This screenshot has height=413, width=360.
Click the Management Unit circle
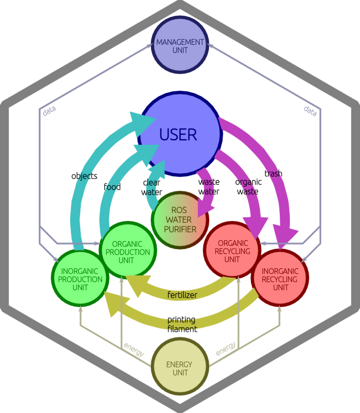click(x=180, y=46)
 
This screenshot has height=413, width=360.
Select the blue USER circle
click(x=180, y=134)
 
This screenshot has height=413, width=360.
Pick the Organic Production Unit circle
click(x=128, y=251)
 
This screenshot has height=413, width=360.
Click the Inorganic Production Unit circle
click(x=80, y=277)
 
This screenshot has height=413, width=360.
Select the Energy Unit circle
click(x=180, y=368)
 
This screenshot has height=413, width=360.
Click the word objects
click(x=85, y=176)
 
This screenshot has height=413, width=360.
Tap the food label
click(x=112, y=187)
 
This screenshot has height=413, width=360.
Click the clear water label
click(x=152, y=187)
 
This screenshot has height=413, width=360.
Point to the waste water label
click(x=209, y=187)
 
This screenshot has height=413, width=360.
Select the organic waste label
click(x=248, y=187)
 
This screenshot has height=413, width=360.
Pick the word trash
click(x=274, y=173)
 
